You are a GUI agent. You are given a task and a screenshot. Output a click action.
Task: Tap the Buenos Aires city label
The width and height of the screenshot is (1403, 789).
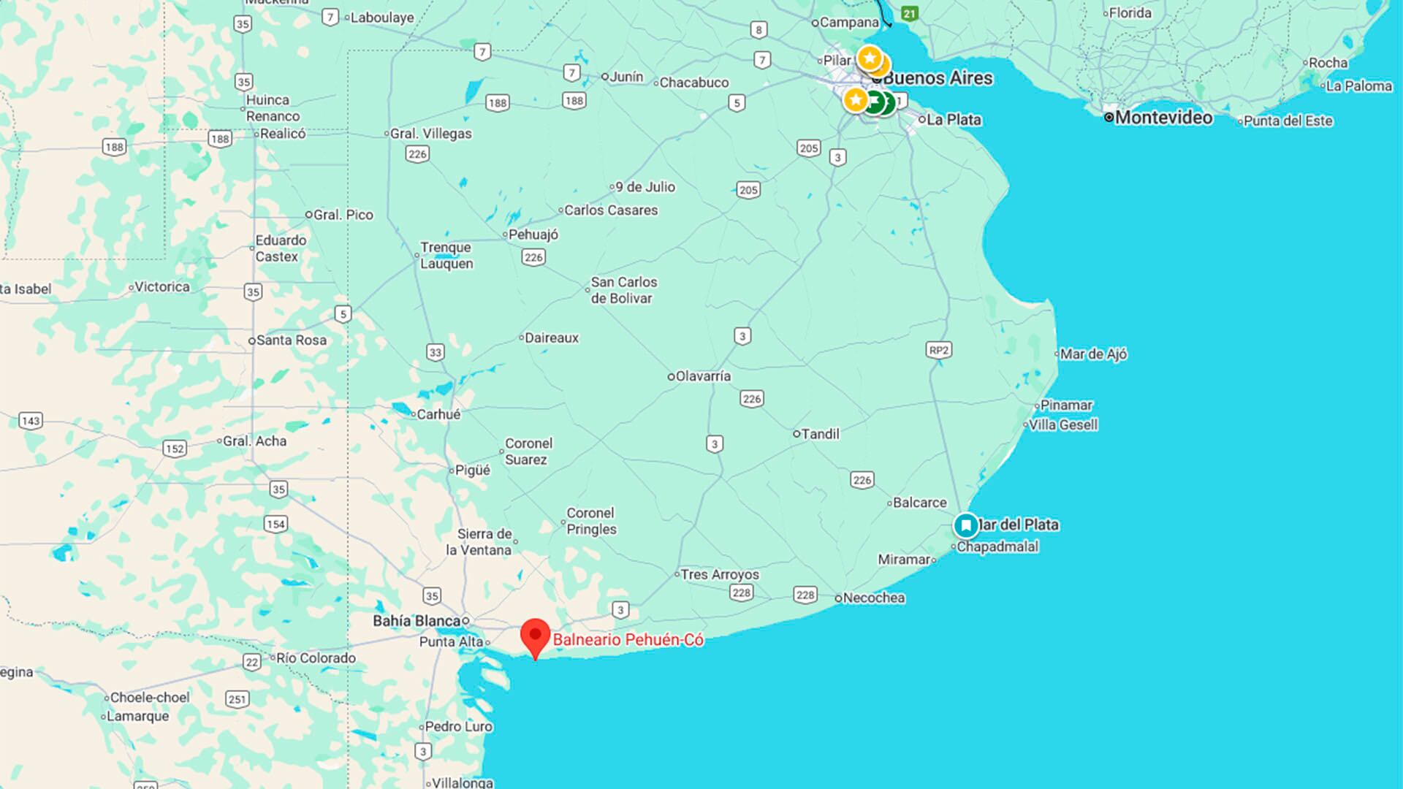click(938, 78)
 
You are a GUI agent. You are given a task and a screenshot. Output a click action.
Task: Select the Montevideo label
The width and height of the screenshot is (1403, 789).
click(1163, 118)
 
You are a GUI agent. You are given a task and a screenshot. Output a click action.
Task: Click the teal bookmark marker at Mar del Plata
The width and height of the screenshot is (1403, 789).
click(966, 525)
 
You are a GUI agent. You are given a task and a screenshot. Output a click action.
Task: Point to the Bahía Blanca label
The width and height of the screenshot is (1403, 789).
click(417, 621)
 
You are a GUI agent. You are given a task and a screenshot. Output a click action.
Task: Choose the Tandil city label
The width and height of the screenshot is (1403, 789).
click(820, 434)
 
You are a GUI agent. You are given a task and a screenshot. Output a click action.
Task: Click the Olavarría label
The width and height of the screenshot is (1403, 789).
click(702, 376)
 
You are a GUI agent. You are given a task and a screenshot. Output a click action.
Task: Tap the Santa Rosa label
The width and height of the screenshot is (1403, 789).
click(291, 340)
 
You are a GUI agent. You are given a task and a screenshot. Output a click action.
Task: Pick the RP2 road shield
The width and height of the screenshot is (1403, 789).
click(939, 350)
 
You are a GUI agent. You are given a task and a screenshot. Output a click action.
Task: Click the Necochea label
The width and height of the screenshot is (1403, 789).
click(873, 598)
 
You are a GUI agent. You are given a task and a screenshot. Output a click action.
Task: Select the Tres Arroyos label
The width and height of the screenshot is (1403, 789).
click(720, 574)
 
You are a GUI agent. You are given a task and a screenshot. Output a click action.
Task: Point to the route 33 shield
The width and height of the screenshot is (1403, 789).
click(436, 352)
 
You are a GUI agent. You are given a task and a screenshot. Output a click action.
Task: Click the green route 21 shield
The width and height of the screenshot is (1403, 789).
click(909, 13)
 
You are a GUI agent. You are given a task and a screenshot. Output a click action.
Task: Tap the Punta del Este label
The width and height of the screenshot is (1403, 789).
click(1288, 121)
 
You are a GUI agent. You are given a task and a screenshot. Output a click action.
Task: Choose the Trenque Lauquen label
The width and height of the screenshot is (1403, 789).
click(446, 256)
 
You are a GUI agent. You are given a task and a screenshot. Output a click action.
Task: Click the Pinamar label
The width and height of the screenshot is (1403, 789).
click(1066, 405)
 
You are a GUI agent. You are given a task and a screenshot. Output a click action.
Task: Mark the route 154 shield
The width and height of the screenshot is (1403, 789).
click(275, 524)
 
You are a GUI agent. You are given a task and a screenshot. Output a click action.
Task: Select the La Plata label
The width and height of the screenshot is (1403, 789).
click(954, 120)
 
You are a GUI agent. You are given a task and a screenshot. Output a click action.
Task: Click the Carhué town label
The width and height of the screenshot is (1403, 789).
click(438, 414)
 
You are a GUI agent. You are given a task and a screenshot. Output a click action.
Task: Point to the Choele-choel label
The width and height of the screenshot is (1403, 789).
click(149, 698)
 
